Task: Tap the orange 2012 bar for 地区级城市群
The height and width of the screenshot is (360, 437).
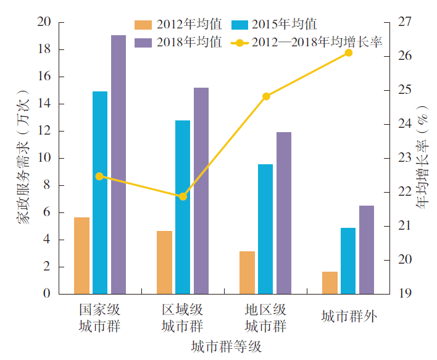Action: coord(247,272)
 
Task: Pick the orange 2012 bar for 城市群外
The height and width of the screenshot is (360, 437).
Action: coord(330,283)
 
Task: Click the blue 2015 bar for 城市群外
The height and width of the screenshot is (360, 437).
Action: coord(348,261)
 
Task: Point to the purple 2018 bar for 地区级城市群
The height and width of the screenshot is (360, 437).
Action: coord(284,213)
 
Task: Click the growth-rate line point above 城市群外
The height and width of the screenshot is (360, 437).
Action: coord(349,53)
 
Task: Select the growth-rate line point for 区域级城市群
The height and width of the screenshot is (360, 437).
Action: coord(183,196)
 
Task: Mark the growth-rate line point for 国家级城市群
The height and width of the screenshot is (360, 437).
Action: coord(100,177)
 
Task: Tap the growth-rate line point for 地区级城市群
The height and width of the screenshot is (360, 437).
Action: coord(266,96)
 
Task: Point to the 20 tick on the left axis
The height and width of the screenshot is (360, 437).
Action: coord(44,22)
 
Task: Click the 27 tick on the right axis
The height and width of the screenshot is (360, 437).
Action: coord(405,22)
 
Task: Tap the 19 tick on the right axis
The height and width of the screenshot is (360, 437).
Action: coord(405,294)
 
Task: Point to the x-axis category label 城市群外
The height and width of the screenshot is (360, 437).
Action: coord(349,317)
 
